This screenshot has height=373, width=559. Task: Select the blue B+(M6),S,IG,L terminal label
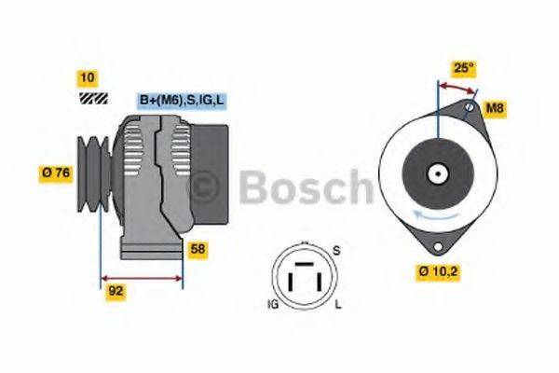click(x=183, y=100)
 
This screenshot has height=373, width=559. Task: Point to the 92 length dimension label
click(x=115, y=290)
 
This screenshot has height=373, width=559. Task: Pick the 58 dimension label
click(x=198, y=249)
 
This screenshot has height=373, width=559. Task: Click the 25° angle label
click(x=463, y=67)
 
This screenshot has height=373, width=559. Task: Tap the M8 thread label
click(x=496, y=108)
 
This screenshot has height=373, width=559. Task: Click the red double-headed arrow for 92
click(x=141, y=278)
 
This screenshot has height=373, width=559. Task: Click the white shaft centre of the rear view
click(x=435, y=173)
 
